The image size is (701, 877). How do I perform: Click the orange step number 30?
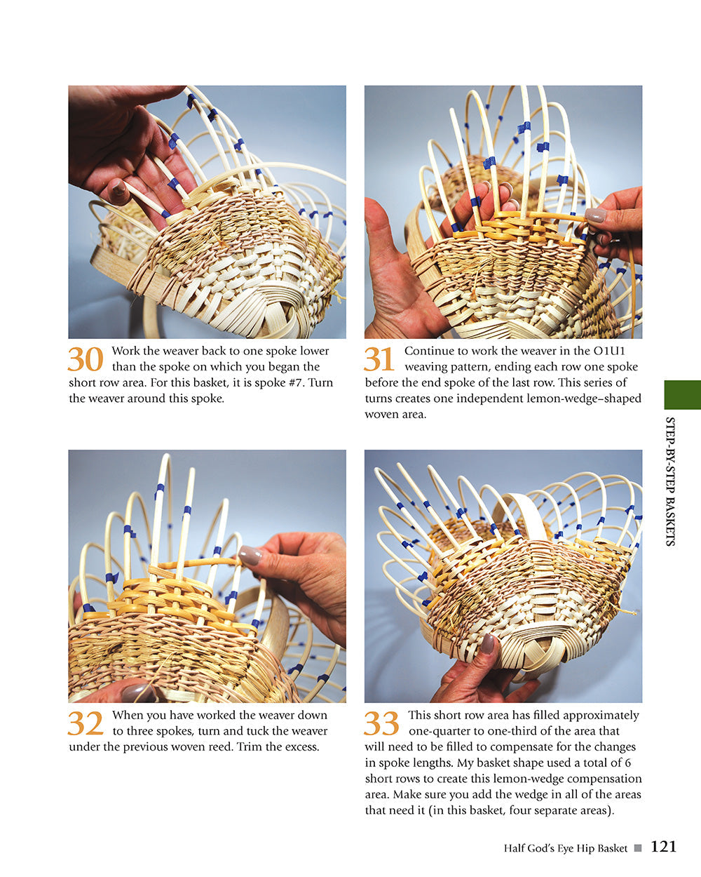tap(86, 359)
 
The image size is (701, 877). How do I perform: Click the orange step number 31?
tap(379, 359)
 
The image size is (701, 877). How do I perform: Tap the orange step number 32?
tap(86, 723)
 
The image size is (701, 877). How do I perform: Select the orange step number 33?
tap(381, 723)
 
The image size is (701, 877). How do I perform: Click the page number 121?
tap(663, 847)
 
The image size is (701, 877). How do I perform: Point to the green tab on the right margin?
tap(682, 394)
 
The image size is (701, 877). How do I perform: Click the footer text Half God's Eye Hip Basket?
tap(565, 848)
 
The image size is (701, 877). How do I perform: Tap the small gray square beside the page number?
tap(638, 848)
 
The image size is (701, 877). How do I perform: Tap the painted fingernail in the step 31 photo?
tap(595, 215)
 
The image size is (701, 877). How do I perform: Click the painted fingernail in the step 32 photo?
tap(250, 556)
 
